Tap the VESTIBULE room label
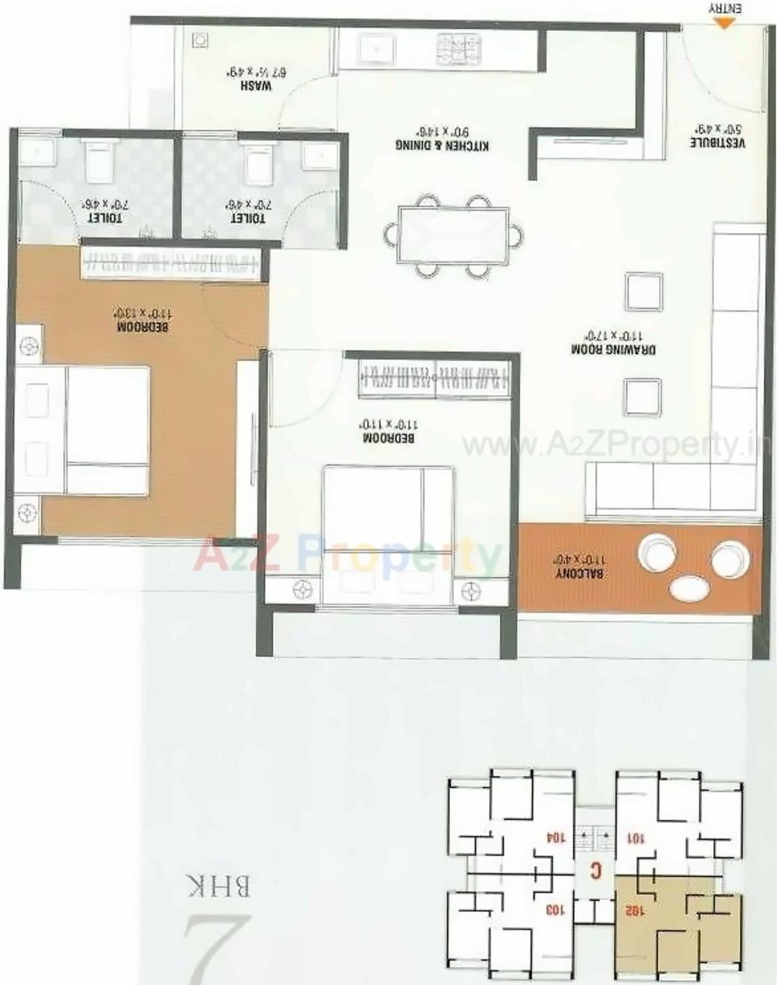717,142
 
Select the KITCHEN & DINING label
442,145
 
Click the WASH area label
256,86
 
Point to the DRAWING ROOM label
613,349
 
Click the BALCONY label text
579,573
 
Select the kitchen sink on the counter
376,50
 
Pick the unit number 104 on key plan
555,837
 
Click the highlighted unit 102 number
635,911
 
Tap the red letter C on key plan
596,871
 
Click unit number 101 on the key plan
636,839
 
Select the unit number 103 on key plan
555,910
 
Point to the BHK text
218,886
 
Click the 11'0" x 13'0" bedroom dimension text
143,313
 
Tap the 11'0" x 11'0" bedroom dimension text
388,425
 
